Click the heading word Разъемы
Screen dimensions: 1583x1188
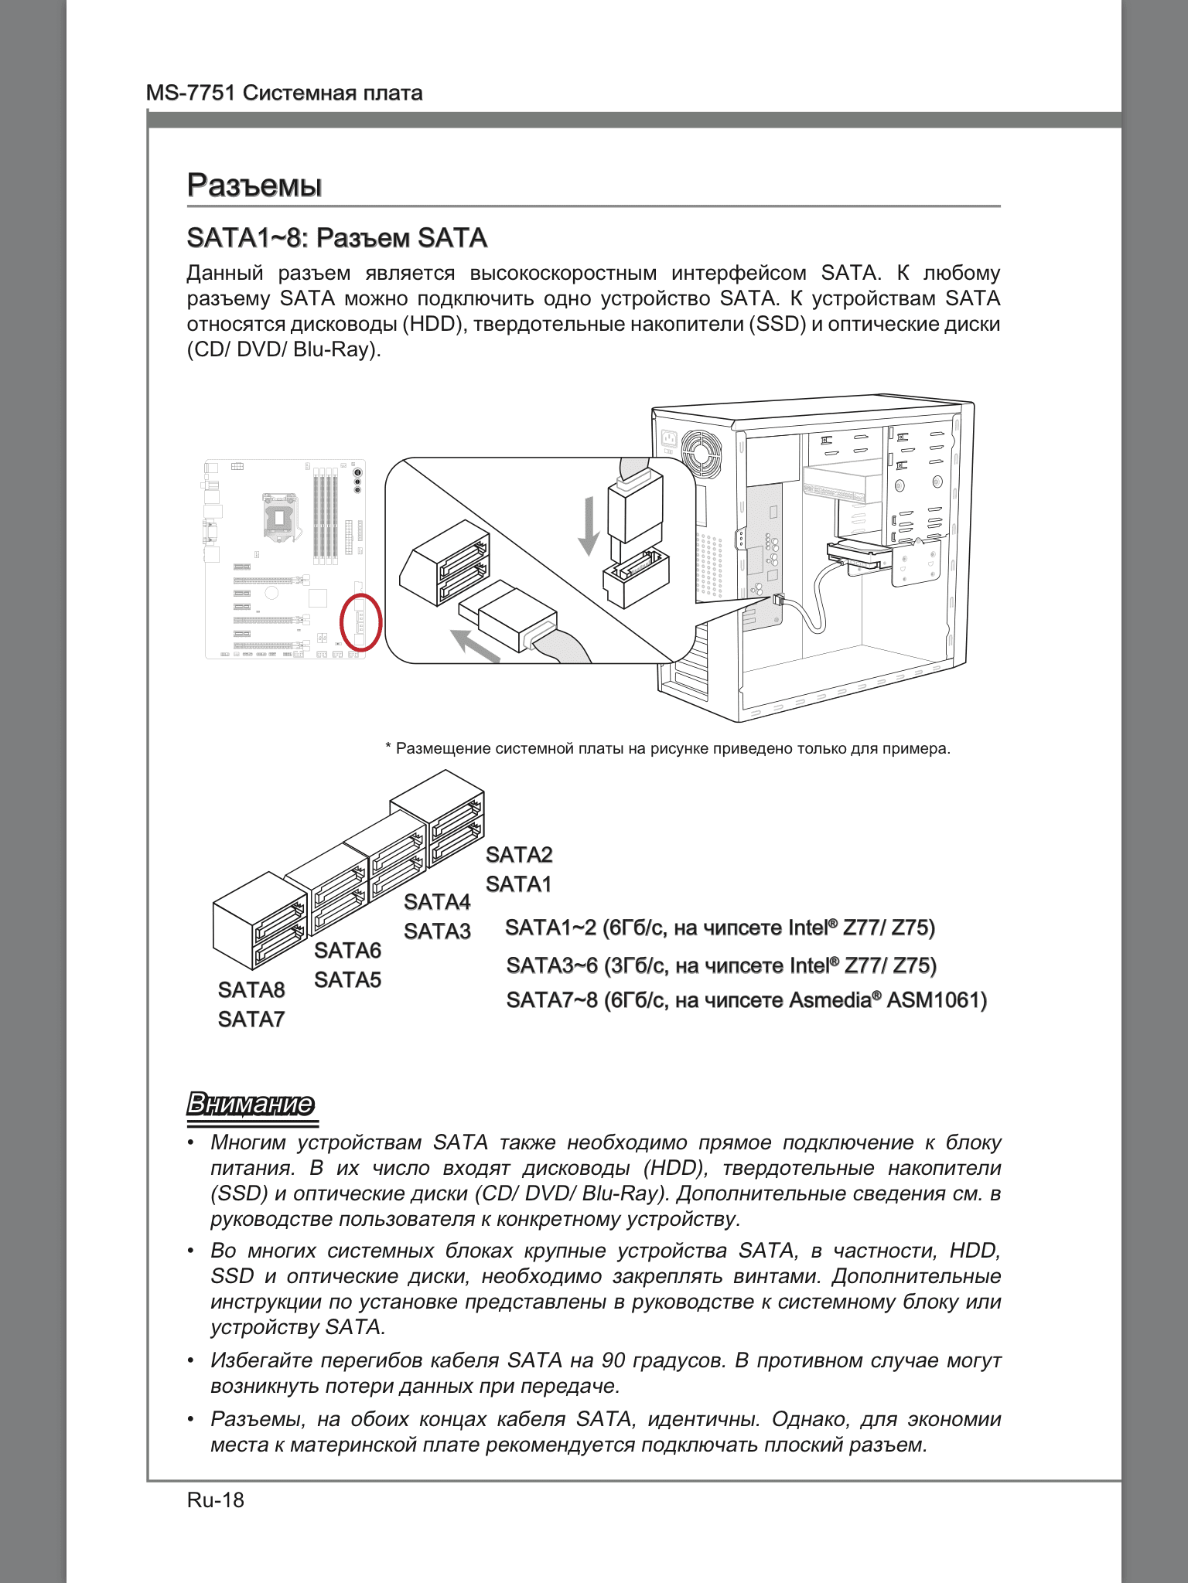254,186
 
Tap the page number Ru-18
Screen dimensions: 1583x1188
215,1500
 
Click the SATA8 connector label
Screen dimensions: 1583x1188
251,990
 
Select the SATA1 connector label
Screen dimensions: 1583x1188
519,884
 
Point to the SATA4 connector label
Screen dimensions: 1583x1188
437,902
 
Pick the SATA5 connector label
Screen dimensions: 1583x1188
348,980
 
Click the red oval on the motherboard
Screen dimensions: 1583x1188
361,623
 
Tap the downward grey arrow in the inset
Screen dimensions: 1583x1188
589,526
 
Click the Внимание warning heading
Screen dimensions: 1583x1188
251,1104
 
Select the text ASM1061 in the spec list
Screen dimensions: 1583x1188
937,1000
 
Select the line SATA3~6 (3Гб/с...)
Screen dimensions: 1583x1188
721,965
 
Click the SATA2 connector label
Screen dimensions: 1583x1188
519,855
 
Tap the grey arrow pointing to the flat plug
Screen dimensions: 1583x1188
475,646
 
